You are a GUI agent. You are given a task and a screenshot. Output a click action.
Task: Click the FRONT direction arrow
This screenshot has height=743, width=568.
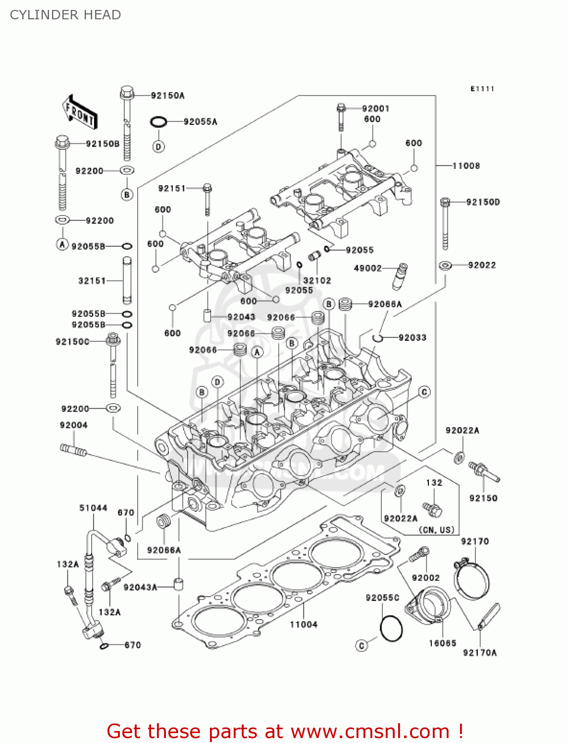[79, 112]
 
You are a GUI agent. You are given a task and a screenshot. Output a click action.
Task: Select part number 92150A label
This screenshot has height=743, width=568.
[167, 96]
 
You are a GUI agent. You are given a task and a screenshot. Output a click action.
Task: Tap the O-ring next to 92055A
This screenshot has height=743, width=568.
[158, 121]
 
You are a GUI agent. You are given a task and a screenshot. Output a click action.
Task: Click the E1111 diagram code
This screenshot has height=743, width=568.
[482, 89]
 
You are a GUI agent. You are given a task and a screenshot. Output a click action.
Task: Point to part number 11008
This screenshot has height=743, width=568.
[466, 165]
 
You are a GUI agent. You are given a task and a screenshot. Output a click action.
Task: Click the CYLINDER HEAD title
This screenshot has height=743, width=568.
[65, 15]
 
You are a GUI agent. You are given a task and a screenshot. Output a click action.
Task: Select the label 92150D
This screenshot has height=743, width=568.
[483, 202]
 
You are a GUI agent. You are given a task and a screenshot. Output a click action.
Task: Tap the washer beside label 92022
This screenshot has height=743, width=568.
[445, 265]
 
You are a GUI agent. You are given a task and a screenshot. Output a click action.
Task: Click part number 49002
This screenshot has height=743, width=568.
[367, 268]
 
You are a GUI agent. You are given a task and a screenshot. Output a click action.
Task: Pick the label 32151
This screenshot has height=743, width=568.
[92, 281]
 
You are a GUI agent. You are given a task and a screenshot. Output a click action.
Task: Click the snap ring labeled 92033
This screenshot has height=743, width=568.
[378, 338]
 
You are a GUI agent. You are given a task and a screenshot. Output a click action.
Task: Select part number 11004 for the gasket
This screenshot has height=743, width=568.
[304, 625]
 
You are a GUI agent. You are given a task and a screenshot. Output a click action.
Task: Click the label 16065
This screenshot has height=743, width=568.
[442, 643]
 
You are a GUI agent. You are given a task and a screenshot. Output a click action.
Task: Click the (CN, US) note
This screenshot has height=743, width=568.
[436, 530]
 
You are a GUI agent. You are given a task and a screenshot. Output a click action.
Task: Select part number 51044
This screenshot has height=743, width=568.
[93, 508]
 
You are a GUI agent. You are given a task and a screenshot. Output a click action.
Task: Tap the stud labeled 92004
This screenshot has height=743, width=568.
[73, 450]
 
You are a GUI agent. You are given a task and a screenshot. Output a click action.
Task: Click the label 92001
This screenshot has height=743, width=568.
[375, 108]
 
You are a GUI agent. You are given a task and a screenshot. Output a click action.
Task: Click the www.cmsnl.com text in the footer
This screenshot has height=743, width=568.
[370, 731]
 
